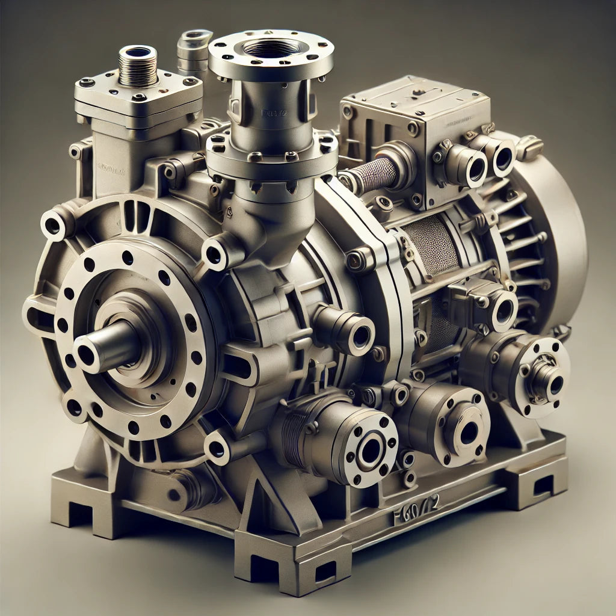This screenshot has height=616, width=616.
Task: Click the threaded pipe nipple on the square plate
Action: pos(138,66)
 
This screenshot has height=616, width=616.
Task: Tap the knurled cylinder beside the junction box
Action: pos(374,174)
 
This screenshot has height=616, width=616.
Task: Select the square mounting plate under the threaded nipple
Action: pos(138,96)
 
